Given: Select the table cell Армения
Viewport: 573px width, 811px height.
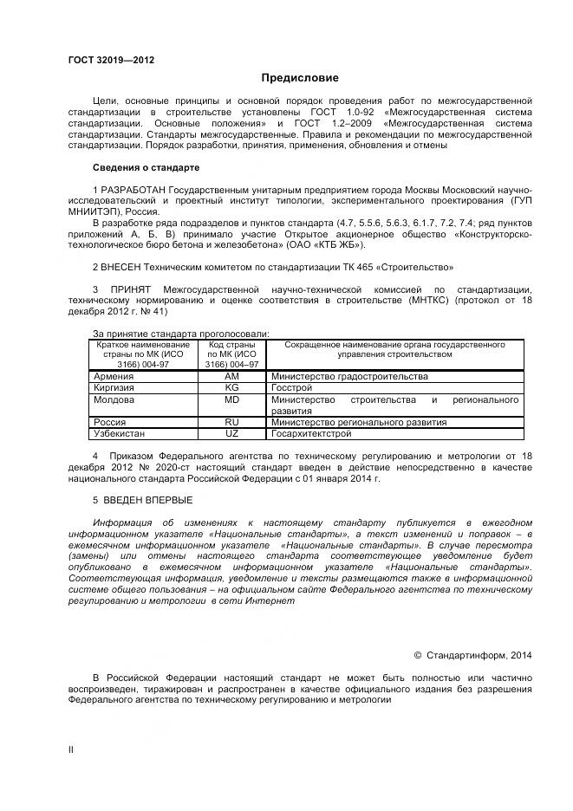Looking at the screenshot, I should [x=113, y=377].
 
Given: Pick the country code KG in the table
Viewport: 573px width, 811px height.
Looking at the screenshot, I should [x=231, y=388].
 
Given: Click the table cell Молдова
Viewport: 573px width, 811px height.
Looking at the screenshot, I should [x=114, y=400].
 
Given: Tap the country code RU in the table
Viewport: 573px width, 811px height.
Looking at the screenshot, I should [x=231, y=423].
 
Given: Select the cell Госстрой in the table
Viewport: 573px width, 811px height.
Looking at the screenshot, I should [x=292, y=388].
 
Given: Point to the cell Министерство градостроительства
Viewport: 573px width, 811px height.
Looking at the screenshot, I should [x=349, y=377].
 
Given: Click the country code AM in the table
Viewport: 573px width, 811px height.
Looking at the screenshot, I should [x=231, y=377].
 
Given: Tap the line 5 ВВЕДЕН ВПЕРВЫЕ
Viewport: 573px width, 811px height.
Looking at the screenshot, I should [x=142, y=500].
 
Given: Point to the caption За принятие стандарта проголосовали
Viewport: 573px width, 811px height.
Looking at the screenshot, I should [x=180, y=334].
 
